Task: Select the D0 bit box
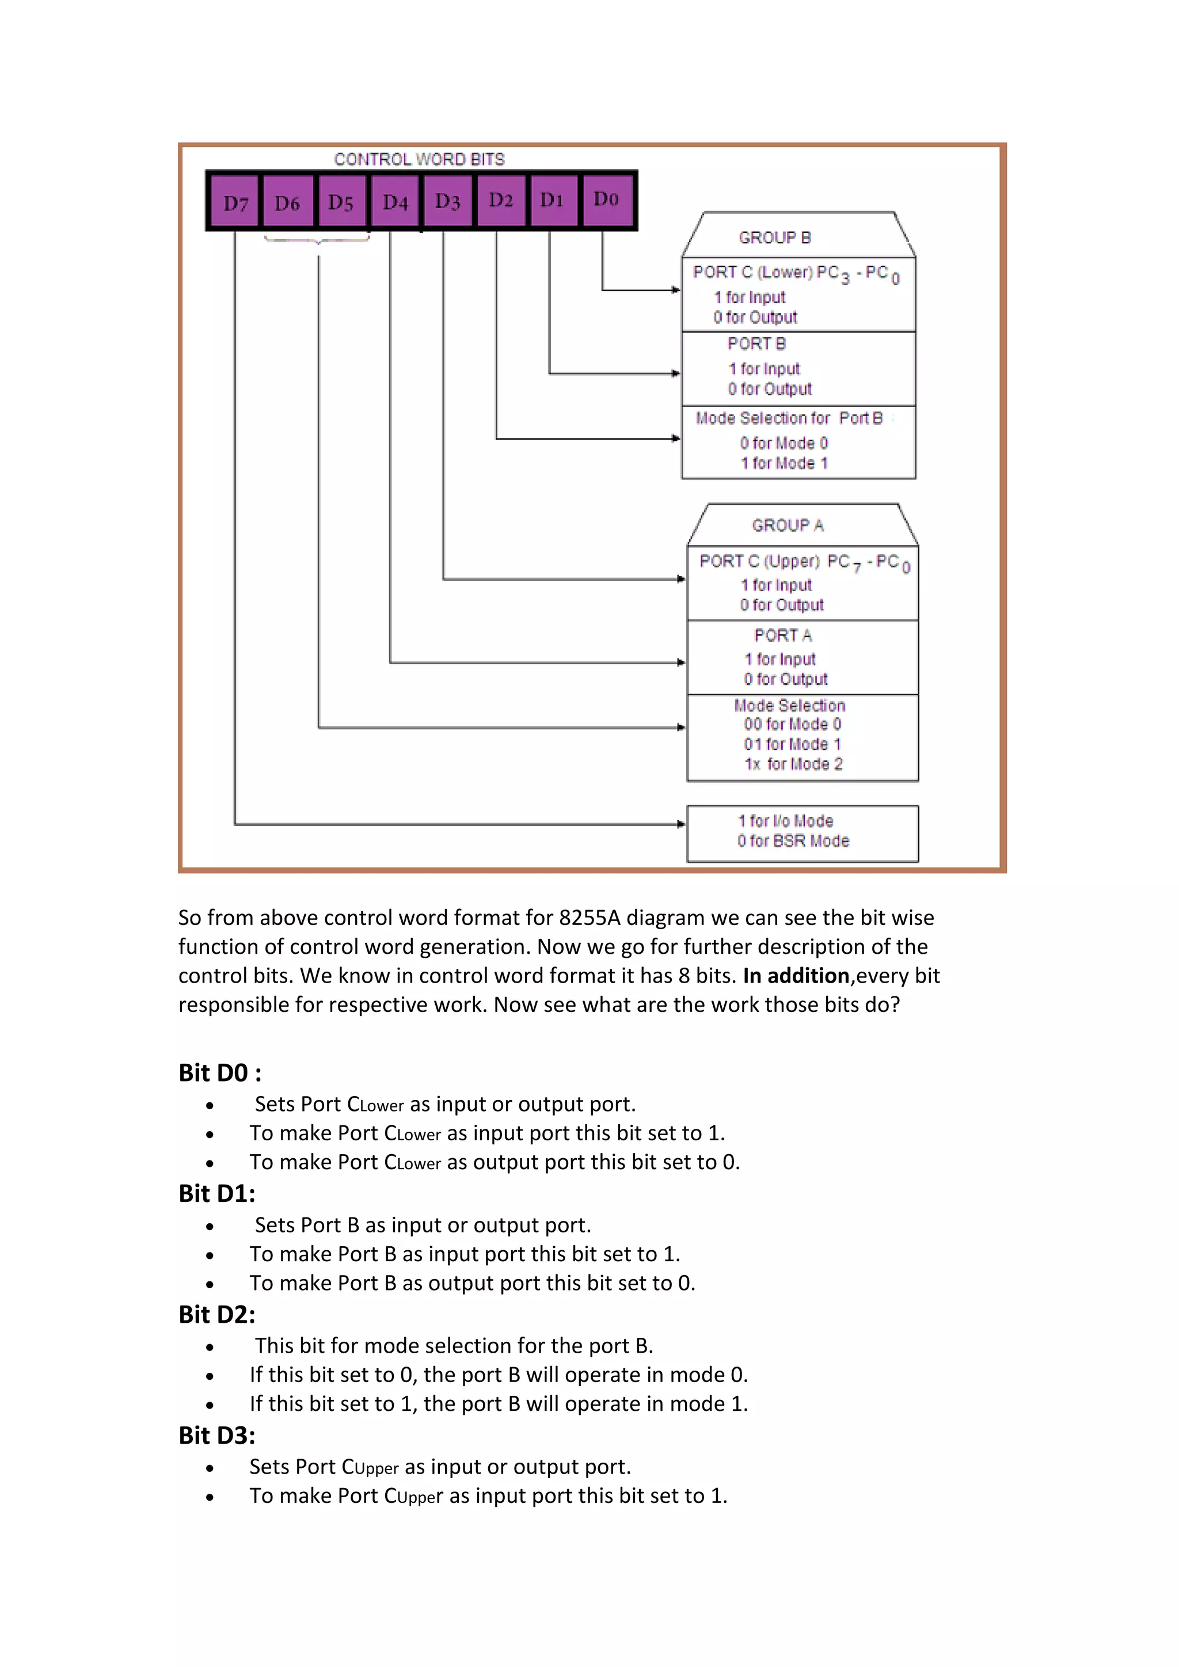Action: pos(606,200)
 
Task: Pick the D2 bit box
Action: pos(501,200)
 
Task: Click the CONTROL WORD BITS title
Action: pos(419,159)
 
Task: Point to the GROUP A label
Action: pos(788,526)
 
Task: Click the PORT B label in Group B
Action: pos(756,344)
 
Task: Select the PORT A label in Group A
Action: pos(782,635)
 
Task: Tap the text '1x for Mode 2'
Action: pos(793,764)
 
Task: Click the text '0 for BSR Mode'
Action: pos(793,841)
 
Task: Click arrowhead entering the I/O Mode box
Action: pos(680,824)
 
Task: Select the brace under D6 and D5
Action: pos(317,239)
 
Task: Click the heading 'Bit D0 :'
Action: pos(220,1072)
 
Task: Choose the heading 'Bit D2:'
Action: pos(216,1314)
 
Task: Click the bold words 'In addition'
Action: pos(796,975)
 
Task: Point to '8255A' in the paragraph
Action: pos(589,918)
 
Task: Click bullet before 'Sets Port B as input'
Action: pos(210,1226)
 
